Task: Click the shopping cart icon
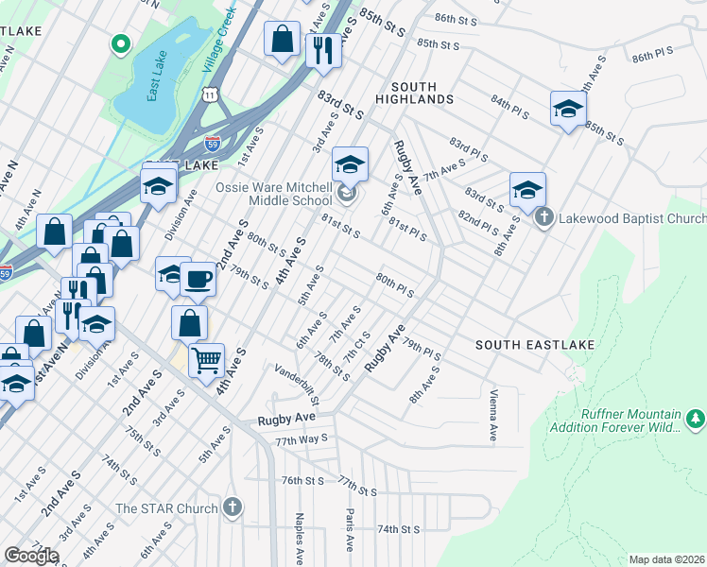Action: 206,359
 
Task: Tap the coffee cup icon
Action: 198,279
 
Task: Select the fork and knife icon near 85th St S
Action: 323,48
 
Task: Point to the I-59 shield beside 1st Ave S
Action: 213,145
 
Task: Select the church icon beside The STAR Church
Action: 233,507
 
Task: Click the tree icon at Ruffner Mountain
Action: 696,417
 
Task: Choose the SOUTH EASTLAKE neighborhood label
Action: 535,345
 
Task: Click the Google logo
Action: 31,556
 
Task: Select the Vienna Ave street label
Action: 492,415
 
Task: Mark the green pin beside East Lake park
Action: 120,43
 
